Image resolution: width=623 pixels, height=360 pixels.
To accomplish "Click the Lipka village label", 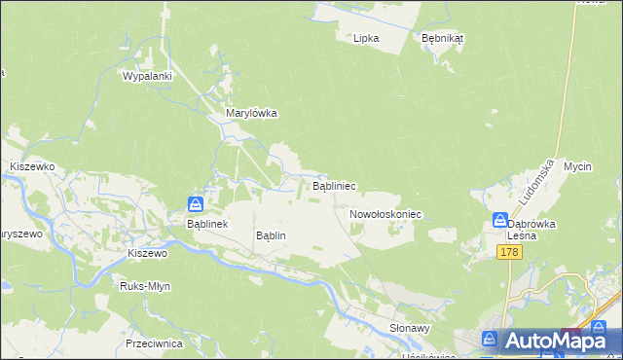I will click(x=366, y=38).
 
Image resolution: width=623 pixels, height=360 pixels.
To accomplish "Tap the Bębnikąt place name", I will click(x=442, y=38).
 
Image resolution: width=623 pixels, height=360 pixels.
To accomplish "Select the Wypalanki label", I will click(x=147, y=76).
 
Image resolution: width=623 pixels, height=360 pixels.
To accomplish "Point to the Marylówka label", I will click(x=251, y=113).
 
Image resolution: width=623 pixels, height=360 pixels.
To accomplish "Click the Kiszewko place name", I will click(x=31, y=166).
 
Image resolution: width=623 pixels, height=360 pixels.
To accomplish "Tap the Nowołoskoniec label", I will click(x=385, y=213).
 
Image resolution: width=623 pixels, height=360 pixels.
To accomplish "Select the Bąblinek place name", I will click(x=206, y=223).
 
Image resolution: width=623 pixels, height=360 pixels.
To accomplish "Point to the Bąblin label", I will click(x=270, y=235).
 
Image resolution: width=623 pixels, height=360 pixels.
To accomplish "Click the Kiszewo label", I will click(x=148, y=253).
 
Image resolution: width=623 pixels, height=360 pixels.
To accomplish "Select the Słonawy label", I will click(x=410, y=329).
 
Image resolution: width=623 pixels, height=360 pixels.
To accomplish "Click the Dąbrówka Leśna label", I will click(x=531, y=229).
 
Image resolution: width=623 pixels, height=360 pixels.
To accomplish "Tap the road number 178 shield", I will click(x=509, y=253).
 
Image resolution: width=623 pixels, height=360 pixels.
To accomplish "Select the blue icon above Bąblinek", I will click(x=196, y=203).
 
